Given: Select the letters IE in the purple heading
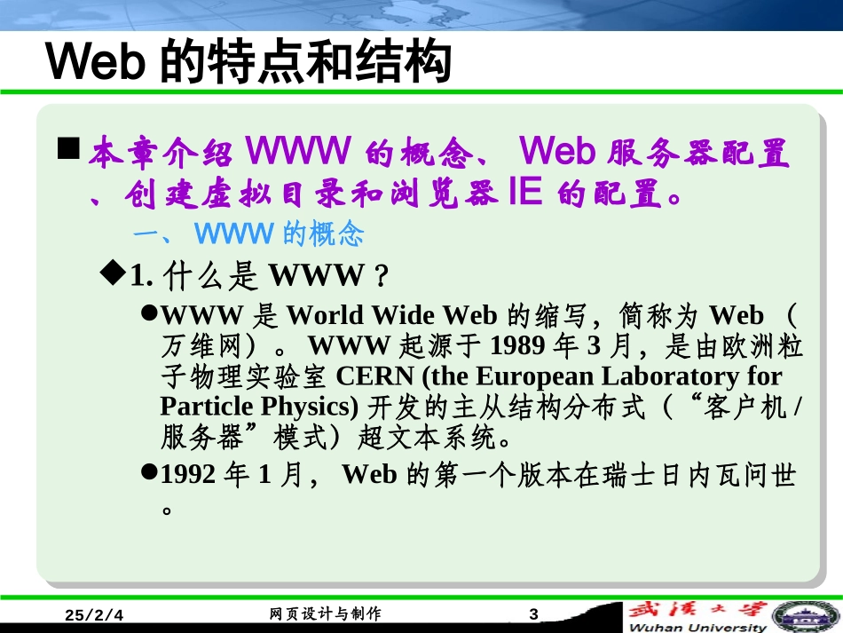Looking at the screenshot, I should click(524, 194).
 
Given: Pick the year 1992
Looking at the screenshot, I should click(187, 475).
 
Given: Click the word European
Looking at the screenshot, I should click(533, 376).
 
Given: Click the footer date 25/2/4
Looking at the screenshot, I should click(96, 615).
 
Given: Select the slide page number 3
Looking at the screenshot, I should click(532, 614).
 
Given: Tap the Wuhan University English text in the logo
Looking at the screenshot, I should click(697, 627).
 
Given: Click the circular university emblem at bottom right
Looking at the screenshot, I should click(806, 616).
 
